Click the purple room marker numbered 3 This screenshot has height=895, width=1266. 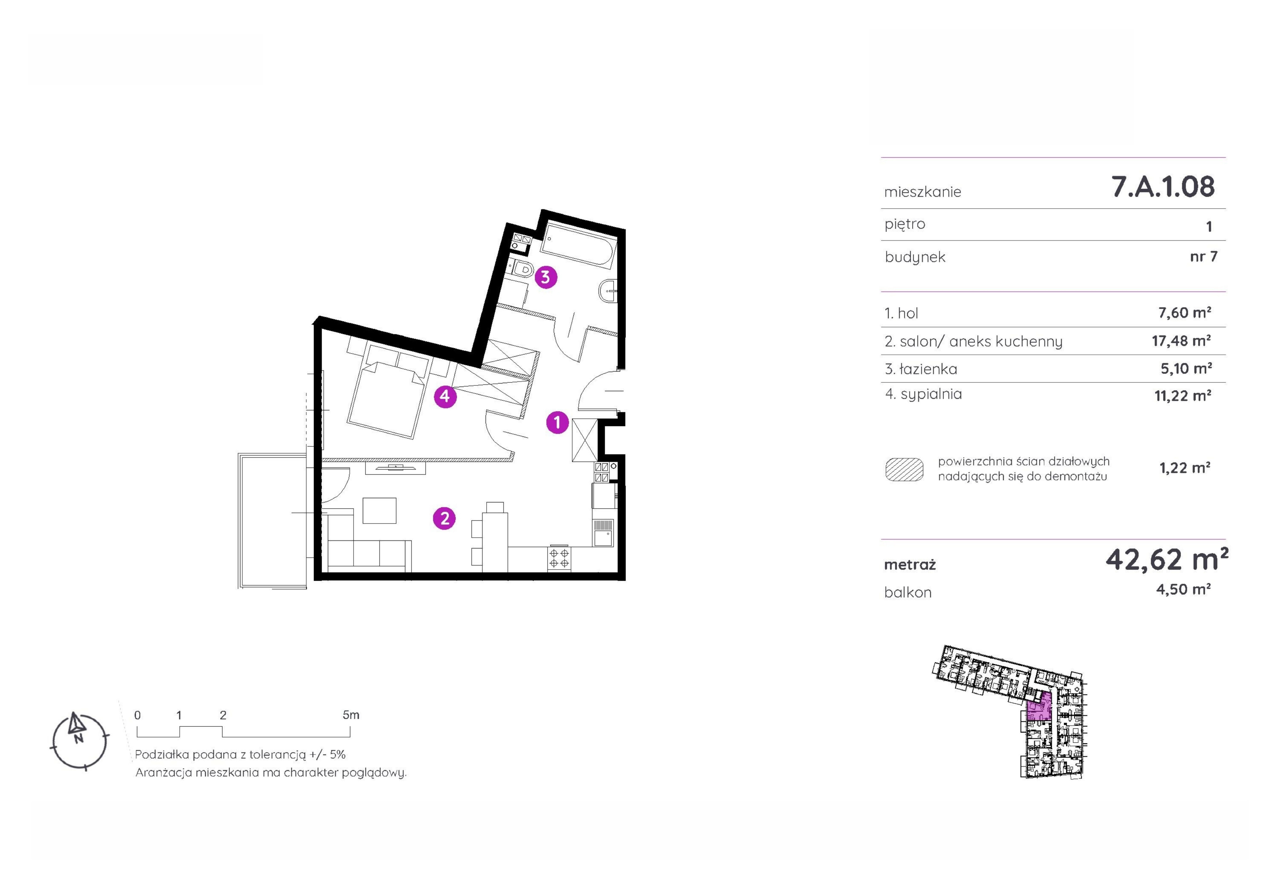coord(545,277)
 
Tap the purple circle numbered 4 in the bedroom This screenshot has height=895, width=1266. coord(445,396)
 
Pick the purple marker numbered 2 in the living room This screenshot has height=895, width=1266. coord(444,518)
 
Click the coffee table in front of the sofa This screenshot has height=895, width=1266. coord(379,510)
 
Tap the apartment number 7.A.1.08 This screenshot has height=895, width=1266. coord(1163,186)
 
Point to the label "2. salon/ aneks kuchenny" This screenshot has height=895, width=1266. coord(973,341)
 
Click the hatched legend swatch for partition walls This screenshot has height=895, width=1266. coord(904,469)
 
